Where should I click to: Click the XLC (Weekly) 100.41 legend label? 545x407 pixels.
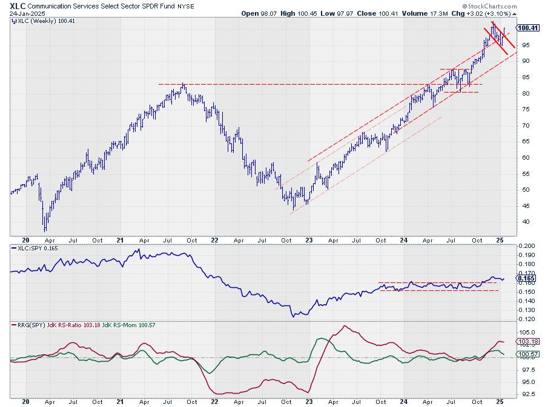[x=39, y=21]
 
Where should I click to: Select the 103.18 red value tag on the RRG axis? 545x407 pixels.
[x=527, y=342]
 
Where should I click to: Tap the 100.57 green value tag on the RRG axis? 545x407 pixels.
[x=527, y=353]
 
